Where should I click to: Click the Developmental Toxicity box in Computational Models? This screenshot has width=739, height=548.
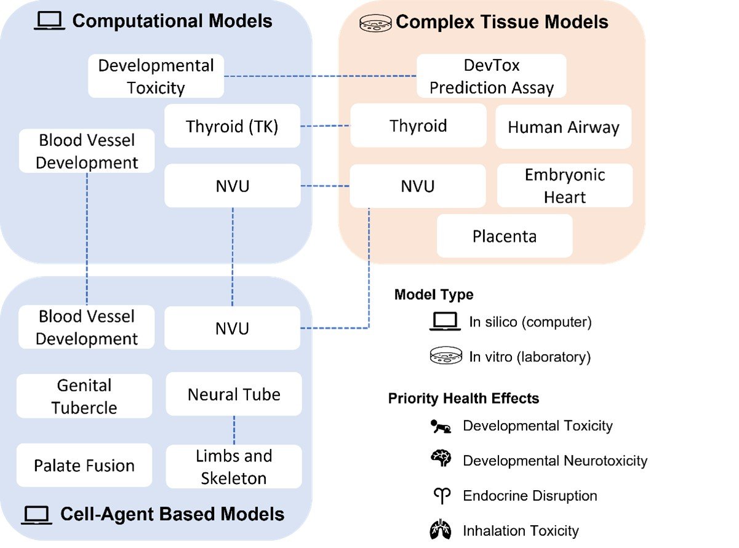point(156,76)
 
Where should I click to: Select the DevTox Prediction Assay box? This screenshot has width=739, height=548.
point(491,76)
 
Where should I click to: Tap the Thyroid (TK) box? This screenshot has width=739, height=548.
point(232,127)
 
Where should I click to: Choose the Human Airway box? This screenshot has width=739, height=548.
point(563,127)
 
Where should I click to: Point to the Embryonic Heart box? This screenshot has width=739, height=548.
point(564,186)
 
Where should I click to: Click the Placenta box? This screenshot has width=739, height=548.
point(504,236)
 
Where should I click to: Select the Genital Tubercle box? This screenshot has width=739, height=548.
point(84,397)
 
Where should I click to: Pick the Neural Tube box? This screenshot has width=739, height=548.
point(234,394)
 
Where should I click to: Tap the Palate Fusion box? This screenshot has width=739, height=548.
point(84,465)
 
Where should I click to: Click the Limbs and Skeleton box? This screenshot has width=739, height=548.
point(234,467)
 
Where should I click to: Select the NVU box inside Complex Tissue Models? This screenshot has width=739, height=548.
point(417,186)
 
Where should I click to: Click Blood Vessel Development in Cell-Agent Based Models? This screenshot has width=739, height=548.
point(86,328)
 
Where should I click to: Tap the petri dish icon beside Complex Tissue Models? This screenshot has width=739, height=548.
point(374,23)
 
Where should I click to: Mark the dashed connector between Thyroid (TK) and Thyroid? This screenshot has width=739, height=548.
point(325,127)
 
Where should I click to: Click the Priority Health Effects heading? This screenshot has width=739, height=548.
point(463,398)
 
